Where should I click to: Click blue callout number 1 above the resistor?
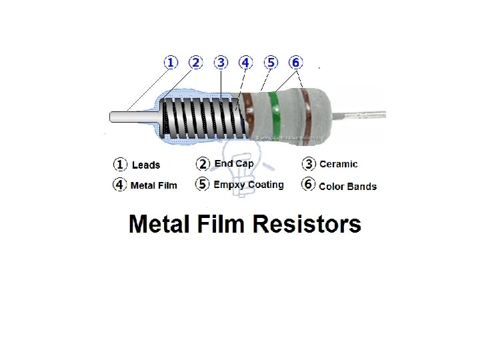171,63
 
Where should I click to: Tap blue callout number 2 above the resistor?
195,63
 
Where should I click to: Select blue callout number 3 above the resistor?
221,63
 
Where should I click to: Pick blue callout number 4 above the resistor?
245,63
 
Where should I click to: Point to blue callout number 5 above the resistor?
270,63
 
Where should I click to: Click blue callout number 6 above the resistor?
295,63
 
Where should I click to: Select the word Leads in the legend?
146,165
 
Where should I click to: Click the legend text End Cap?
234,164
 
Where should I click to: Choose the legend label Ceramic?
339,164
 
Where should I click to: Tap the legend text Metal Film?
154,185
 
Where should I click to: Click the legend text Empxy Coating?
249,185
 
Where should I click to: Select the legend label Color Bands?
348,187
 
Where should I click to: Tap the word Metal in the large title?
157,224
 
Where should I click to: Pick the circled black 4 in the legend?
120,185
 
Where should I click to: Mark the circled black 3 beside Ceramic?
309,164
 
